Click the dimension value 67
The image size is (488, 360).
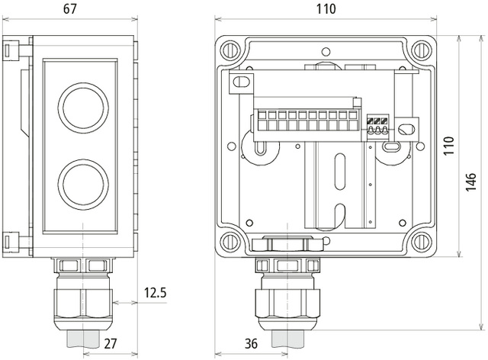pyautogui.click(x=70, y=9)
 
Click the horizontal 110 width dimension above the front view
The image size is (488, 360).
pyautogui.click(x=326, y=9)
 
